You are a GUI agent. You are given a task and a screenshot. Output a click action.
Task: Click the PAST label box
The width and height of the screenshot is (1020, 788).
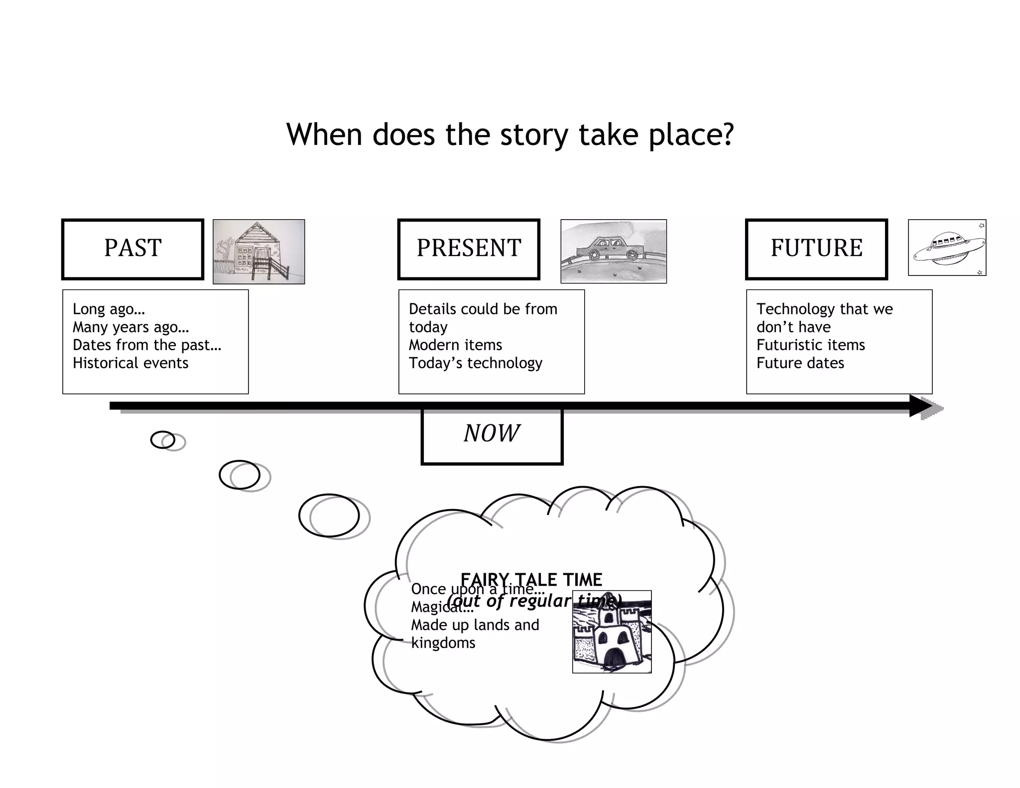pos(132,249)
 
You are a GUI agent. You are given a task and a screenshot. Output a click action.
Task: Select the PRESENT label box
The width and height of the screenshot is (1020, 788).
pos(469,249)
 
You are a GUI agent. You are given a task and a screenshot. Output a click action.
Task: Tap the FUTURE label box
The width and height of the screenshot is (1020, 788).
pos(816,249)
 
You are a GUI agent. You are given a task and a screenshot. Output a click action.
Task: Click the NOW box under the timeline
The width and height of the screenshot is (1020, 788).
pos(492,435)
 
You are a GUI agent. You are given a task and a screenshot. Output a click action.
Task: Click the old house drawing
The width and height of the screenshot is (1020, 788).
pos(258,252)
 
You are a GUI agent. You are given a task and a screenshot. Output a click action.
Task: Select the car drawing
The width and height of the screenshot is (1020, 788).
pos(613,252)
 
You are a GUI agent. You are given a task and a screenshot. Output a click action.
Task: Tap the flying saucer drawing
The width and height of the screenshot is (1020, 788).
pos(947,248)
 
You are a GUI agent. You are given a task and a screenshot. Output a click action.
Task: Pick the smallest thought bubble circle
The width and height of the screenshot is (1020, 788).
pos(163,440)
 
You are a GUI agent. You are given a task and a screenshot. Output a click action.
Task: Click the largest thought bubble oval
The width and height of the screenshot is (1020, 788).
pos(329,516)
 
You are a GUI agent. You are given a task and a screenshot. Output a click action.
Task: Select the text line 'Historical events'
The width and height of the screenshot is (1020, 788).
pos(130,363)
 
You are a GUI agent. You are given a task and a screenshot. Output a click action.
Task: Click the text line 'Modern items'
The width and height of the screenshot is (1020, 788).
pos(455,345)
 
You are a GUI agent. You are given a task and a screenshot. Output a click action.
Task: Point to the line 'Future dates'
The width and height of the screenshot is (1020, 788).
pos(800,363)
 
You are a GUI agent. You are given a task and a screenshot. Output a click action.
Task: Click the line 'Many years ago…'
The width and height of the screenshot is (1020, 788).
pos(130,327)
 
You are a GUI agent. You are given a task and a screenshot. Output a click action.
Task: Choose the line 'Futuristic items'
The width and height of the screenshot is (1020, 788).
pos(810,345)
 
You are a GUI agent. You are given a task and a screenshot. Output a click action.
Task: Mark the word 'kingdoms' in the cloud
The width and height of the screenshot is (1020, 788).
pos(443,643)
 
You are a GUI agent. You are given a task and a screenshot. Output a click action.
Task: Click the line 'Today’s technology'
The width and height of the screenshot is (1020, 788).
pos(475,363)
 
